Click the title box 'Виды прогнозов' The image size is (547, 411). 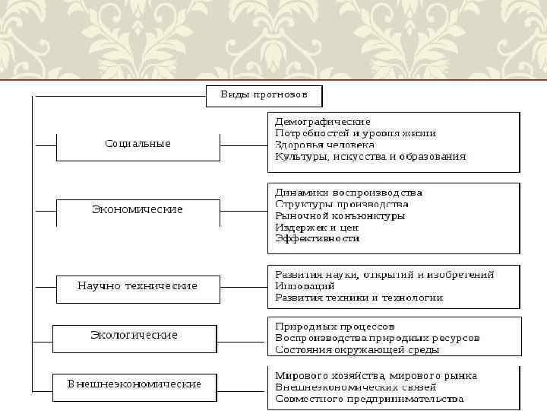[x=264, y=95]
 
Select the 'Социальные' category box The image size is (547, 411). [x=138, y=144]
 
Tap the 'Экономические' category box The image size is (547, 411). [x=138, y=209]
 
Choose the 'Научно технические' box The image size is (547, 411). [x=138, y=286]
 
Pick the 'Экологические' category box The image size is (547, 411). [x=134, y=335]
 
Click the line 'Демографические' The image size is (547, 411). [x=322, y=121]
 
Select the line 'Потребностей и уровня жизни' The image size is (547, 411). [x=355, y=132]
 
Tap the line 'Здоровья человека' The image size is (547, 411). [x=324, y=145]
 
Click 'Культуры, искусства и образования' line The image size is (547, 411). [x=370, y=156]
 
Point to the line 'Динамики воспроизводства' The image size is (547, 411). [x=348, y=193]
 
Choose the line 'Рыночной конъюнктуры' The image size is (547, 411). [x=340, y=215]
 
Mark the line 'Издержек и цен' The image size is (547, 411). [x=317, y=227]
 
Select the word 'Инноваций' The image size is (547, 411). [x=302, y=286]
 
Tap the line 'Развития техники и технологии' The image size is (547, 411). [x=359, y=298]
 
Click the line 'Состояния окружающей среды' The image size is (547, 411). [x=357, y=350]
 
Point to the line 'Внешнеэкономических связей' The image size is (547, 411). [x=355, y=387]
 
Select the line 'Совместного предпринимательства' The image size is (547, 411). [x=368, y=399]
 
